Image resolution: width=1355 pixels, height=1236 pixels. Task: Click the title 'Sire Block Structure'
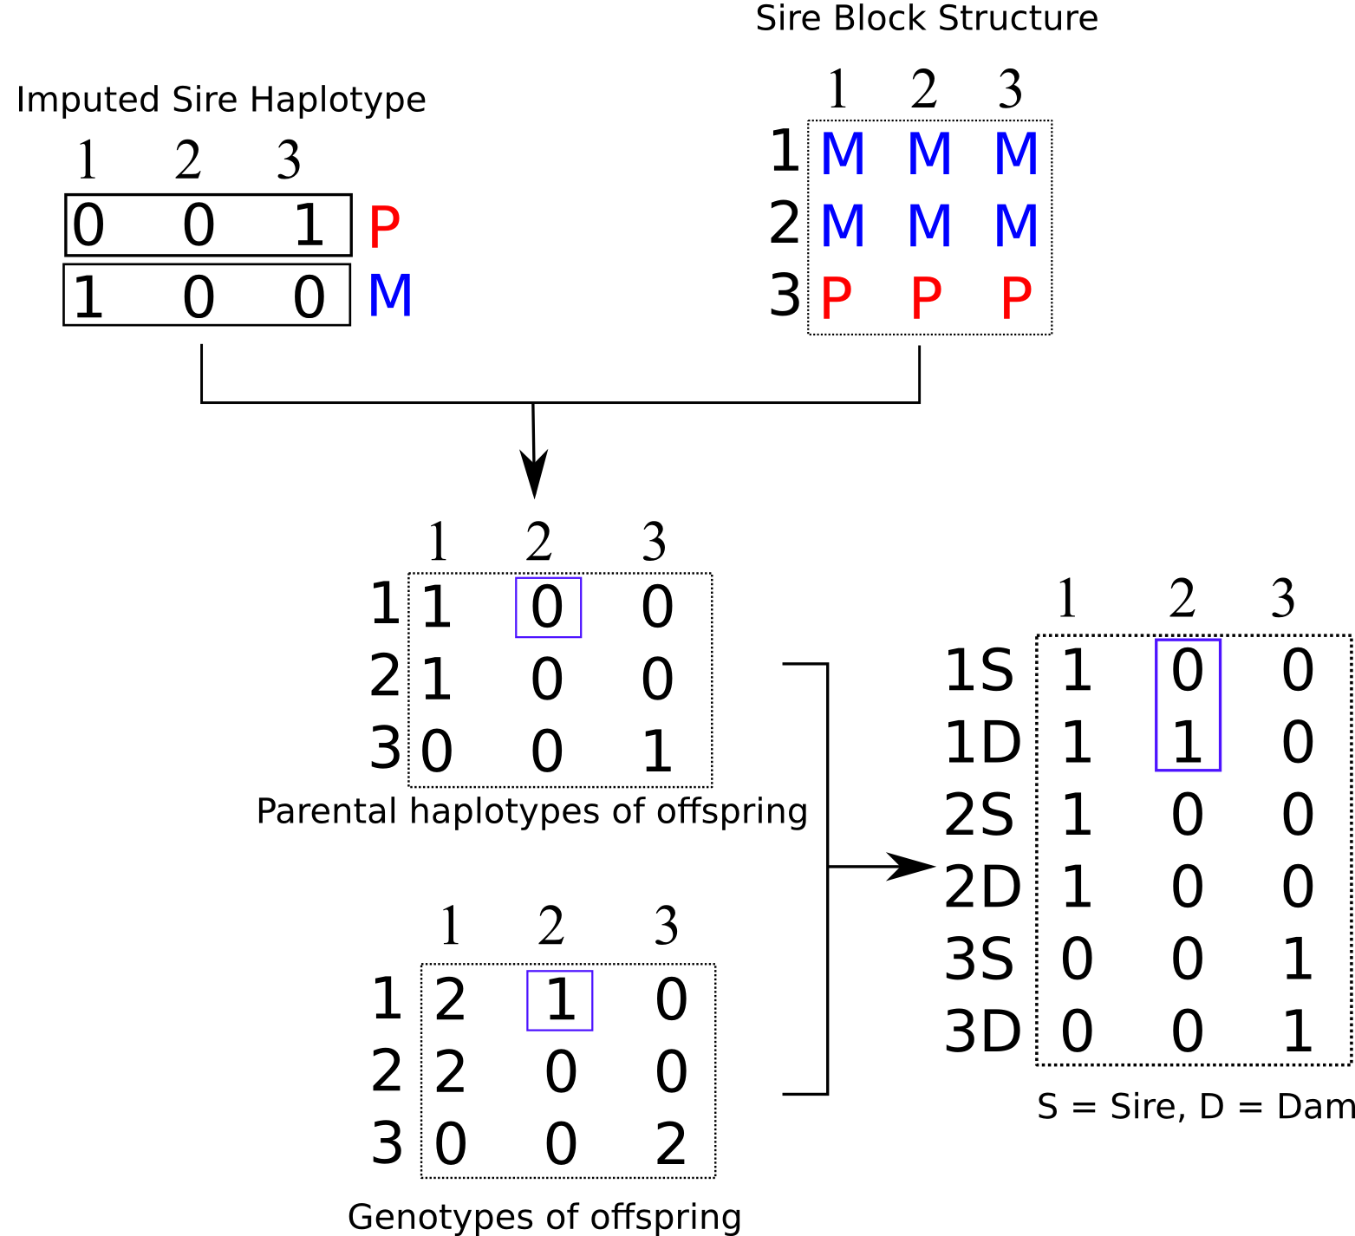tap(927, 18)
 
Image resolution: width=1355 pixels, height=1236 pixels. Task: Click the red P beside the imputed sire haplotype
tap(384, 228)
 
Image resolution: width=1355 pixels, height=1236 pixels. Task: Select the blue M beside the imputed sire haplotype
tap(390, 296)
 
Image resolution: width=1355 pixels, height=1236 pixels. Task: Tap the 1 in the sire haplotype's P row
tap(309, 225)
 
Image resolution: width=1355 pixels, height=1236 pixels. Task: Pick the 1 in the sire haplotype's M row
tap(88, 297)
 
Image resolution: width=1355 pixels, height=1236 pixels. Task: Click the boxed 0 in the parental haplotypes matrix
tap(547, 607)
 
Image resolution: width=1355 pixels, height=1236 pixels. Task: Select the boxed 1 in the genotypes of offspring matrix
tap(561, 999)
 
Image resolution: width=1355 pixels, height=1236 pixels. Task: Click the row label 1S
tap(979, 670)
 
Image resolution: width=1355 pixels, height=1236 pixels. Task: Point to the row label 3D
tap(982, 1031)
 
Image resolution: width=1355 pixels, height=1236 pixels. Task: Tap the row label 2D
tap(982, 887)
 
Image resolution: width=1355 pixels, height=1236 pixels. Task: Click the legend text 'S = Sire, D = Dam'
tap(1196, 1107)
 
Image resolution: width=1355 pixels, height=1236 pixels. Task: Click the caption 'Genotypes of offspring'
tap(544, 1217)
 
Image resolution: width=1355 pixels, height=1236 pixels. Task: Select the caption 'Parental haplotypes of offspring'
tap(532, 812)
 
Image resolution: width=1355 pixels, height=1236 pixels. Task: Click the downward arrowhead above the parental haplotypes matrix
tap(534, 474)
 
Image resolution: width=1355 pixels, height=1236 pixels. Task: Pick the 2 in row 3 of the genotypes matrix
tap(671, 1144)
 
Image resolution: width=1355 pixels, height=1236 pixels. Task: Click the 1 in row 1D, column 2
tap(1187, 743)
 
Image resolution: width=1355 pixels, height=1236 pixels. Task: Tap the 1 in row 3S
tap(1298, 960)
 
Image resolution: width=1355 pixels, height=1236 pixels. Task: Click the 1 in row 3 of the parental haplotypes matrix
tap(657, 751)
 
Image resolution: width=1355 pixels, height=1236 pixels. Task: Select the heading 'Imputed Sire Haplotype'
tap(221, 100)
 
